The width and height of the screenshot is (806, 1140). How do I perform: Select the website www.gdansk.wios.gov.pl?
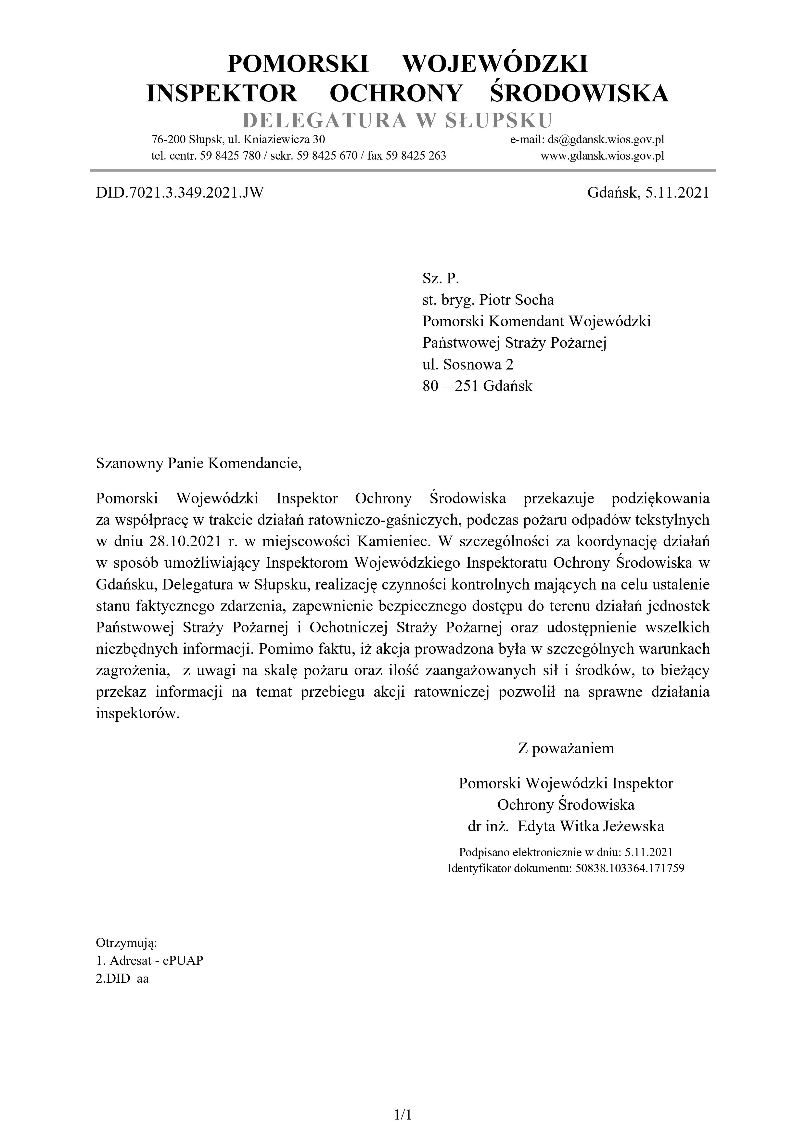(x=602, y=156)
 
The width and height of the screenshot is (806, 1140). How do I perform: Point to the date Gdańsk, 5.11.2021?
(x=648, y=193)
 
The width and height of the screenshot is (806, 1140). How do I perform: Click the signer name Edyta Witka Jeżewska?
(x=591, y=826)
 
